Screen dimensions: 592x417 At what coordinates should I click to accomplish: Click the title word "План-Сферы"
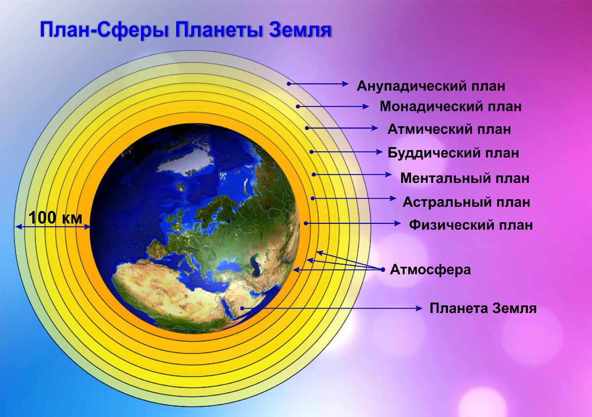pos(105,31)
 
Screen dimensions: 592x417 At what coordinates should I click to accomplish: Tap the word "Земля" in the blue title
pos(300,30)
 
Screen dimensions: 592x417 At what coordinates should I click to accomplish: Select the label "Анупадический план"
pos(431,86)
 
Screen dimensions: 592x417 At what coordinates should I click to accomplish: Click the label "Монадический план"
pos(450,106)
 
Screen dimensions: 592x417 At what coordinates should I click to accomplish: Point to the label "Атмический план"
pos(449,130)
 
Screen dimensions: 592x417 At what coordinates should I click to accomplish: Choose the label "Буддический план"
pos(453,153)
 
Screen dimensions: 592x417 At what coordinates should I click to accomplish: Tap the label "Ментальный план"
pos(465,178)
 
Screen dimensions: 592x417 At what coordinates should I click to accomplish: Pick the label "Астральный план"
pos(467,202)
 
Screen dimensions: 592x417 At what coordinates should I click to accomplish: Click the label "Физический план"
pos(471,225)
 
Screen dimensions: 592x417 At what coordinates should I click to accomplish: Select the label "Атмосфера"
pos(430,270)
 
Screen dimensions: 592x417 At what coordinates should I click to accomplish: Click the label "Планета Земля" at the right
pos(483,308)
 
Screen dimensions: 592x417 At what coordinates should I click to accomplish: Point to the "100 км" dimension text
pos(55,218)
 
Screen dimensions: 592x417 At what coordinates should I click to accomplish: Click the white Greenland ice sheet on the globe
pos(185,161)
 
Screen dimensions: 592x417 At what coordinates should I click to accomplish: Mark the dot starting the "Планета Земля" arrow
pos(242,308)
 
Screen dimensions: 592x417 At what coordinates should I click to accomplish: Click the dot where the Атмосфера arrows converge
pos(383,270)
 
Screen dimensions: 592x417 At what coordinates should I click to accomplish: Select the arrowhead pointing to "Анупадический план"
pos(345,84)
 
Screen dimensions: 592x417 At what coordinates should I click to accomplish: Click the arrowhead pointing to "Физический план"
pos(398,223)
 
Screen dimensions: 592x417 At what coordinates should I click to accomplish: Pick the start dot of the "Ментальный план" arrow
pos(314,174)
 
